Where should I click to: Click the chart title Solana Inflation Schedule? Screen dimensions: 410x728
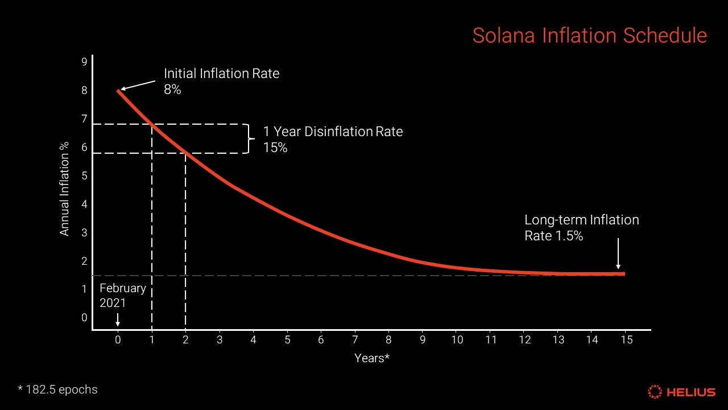point(589,35)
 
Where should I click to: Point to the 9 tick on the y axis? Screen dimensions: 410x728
point(84,61)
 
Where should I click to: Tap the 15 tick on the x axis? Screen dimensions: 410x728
point(626,340)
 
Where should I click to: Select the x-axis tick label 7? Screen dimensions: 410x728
point(355,340)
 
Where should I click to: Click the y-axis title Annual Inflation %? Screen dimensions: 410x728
point(64,189)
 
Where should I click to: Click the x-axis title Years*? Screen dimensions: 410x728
point(372,358)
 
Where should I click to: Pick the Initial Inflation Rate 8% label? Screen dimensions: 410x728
point(221,81)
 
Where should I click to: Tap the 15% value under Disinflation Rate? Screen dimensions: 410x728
point(275,147)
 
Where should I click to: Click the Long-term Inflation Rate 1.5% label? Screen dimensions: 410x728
point(581,227)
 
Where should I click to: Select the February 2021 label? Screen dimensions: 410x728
point(122,296)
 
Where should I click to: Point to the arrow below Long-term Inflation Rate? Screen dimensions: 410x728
point(618,253)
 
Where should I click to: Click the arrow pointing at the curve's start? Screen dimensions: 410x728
point(138,85)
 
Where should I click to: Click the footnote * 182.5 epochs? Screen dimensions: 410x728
point(57,389)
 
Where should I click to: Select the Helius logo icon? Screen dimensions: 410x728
point(655,392)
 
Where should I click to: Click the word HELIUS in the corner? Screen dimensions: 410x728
point(690,392)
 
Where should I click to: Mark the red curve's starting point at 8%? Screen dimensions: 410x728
point(119,90)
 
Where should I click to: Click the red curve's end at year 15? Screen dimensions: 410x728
point(624,274)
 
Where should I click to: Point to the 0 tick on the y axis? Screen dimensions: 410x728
point(84,318)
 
